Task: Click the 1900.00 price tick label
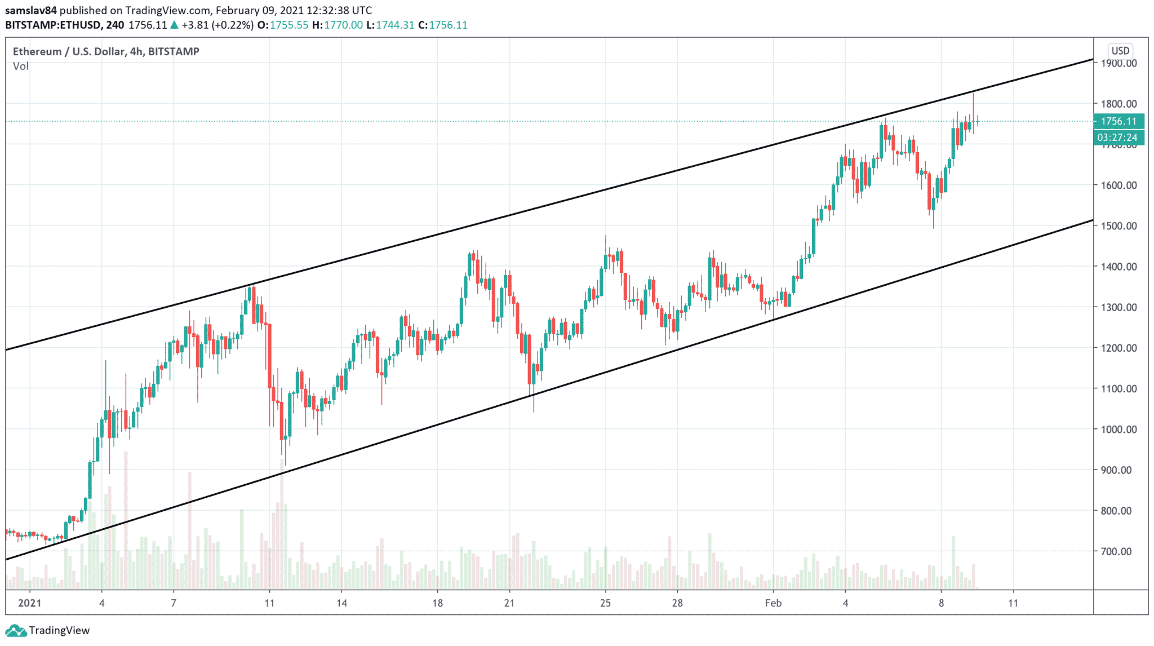click(x=1119, y=63)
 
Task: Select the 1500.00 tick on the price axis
click(x=1119, y=225)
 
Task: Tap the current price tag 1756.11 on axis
click(x=1119, y=121)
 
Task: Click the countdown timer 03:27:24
click(x=1119, y=138)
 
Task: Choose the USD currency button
click(x=1120, y=51)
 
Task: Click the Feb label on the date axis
click(x=773, y=603)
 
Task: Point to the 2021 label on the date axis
click(x=30, y=603)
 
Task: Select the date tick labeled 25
click(x=605, y=603)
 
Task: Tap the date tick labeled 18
click(x=437, y=603)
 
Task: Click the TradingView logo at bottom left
click(x=48, y=630)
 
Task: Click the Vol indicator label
click(x=21, y=66)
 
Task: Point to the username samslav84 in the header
click(x=31, y=10)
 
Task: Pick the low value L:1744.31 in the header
click(x=390, y=25)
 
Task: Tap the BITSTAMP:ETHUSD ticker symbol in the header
click(x=53, y=25)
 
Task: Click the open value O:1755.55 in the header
click(x=282, y=25)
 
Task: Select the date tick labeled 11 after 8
click(x=1013, y=603)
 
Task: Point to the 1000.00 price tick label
click(x=1119, y=429)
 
